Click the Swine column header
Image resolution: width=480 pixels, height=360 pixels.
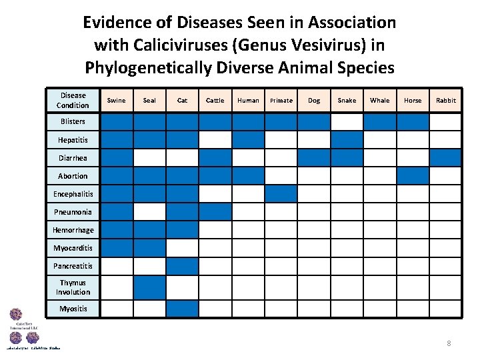pos(116,101)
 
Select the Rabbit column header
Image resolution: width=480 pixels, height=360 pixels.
pos(446,101)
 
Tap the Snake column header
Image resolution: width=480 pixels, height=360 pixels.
pos(347,101)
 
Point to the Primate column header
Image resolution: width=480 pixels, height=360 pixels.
pos(281,101)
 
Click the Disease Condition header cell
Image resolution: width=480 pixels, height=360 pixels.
pos(73,101)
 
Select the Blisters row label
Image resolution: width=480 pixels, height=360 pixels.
pos(73,122)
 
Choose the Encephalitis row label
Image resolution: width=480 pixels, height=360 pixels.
pos(73,194)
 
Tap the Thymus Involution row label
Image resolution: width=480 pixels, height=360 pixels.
pos(73,287)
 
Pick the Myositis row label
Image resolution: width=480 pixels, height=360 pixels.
pos(73,309)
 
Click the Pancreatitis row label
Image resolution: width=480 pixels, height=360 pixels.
pos(73,266)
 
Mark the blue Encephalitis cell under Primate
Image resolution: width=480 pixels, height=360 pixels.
pos(281,194)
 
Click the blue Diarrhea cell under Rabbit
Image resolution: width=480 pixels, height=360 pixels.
pos(446,158)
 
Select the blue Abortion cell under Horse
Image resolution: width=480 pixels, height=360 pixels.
pos(413,176)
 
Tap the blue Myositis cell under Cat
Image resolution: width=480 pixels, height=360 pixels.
pos(182,309)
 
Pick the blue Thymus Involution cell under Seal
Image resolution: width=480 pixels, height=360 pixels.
pos(149,287)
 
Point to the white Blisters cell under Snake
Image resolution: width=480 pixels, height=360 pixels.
pos(347,122)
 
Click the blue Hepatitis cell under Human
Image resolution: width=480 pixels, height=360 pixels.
pos(249,140)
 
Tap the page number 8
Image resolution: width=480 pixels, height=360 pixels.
pos(449,343)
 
